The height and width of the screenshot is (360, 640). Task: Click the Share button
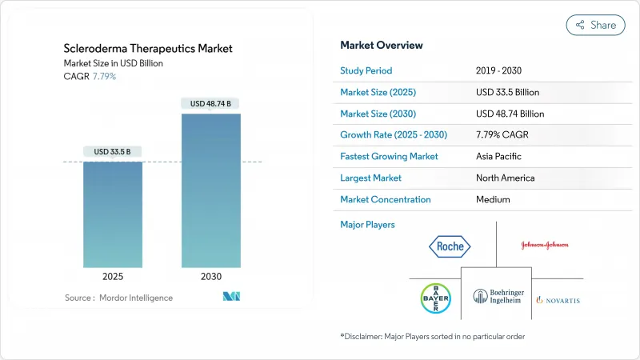(595, 25)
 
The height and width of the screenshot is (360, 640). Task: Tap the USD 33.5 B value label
(114, 152)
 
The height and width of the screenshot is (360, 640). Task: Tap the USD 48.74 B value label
(210, 103)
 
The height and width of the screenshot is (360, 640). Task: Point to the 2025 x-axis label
(114, 276)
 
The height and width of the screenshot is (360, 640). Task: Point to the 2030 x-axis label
(210, 276)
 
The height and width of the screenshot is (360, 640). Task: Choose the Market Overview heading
(382, 45)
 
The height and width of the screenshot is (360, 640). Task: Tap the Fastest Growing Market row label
(389, 156)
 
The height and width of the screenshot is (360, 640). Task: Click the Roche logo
(450, 246)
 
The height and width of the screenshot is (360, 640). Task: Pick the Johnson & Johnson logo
(545, 245)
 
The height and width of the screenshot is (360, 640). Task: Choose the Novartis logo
(558, 300)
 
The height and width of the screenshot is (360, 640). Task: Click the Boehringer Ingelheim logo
(496, 300)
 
